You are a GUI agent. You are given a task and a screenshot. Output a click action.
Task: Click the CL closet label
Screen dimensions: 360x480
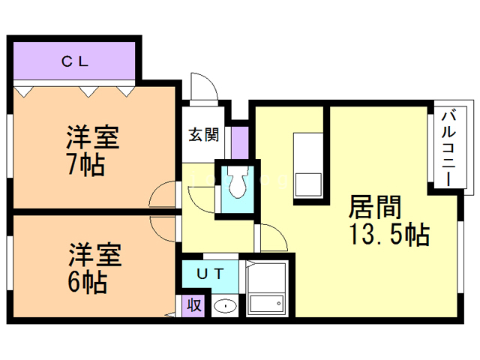tap(74, 62)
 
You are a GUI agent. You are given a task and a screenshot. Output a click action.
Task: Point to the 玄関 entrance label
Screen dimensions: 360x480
tap(203, 135)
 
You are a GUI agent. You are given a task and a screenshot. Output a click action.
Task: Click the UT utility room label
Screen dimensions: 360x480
tap(209, 274)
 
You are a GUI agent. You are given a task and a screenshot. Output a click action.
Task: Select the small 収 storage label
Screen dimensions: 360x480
tap(193, 305)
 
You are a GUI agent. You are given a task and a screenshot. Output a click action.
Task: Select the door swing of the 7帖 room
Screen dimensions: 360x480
tap(163, 196)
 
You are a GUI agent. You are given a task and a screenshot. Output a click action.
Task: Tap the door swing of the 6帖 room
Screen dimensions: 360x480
tap(163, 226)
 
